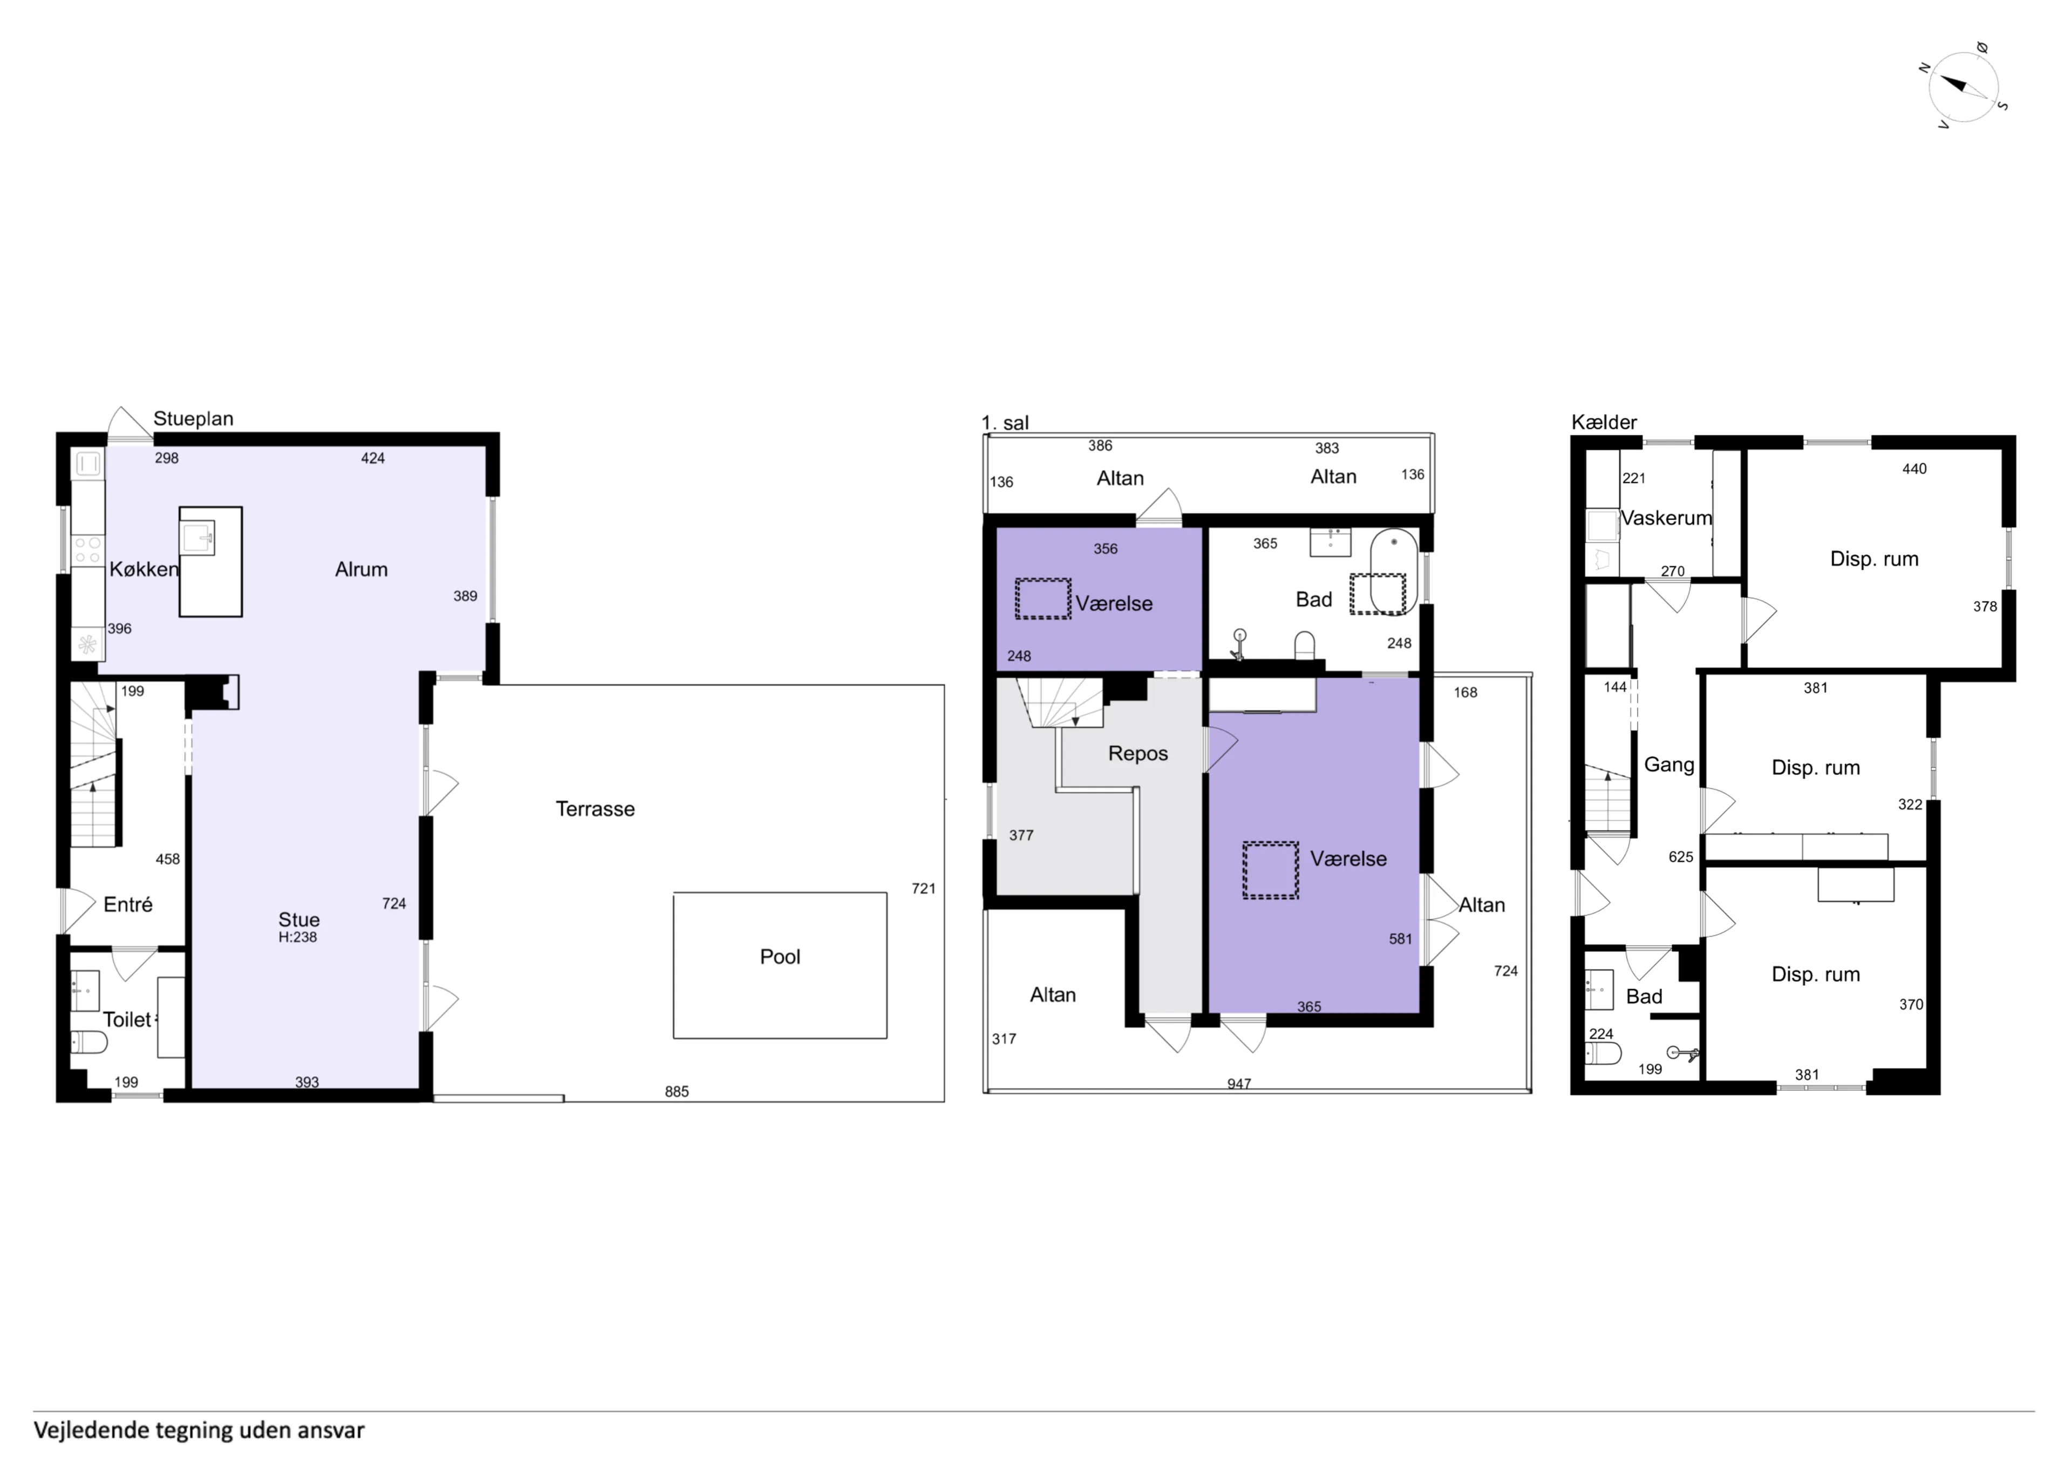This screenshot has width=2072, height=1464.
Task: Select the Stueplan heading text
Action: [x=193, y=418]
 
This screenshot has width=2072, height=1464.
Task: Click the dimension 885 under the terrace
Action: [x=676, y=1091]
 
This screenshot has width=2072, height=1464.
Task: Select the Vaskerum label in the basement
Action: [x=1665, y=518]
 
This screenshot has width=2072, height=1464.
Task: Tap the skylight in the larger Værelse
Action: [x=1270, y=870]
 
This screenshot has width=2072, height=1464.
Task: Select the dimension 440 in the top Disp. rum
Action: [x=1913, y=469]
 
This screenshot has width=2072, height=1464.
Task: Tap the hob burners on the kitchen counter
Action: [x=87, y=547]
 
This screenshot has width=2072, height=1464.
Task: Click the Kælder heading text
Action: [x=1604, y=422]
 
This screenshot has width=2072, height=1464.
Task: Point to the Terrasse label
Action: [x=595, y=809]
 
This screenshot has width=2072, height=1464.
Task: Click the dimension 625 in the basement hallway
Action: [x=1680, y=857]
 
